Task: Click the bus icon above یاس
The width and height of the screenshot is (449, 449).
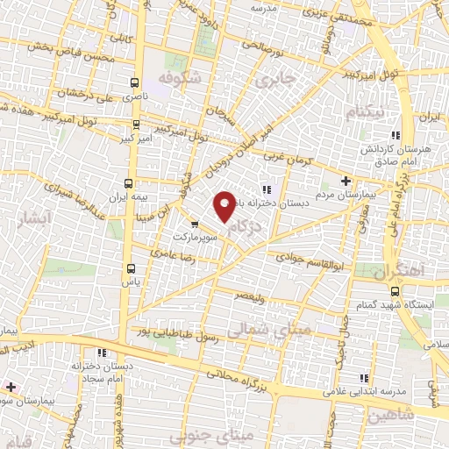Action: tap(131, 268)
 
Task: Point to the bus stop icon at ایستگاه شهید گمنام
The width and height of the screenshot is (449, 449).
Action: tap(394, 290)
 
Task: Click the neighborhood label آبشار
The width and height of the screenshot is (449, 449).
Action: tap(17, 219)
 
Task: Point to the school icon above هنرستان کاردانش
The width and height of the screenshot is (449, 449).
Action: tap(396, 136)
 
